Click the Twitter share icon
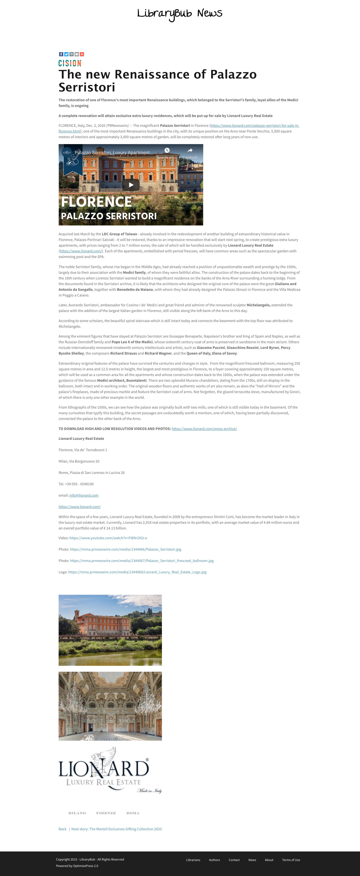pyautogui.click(x=66, y=54)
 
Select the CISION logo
pyautogui.click(x=70, y=63)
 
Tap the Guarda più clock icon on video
pyautogui.click(x=167, y=150)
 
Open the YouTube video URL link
pyautogui.click(x=108, y=538)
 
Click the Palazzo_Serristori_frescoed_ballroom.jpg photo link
pyautogui.click(x=142, y=561)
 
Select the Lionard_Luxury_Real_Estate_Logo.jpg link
pyautogui.click(x=137, y=572)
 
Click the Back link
pyautogui.click(x=62, y=829)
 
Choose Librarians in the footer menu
pyautogui.click(x=193, y=860)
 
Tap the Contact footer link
pyautogui.click(x=234, y=860)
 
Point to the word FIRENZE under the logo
pyautogui.click(x=106, y=813)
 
